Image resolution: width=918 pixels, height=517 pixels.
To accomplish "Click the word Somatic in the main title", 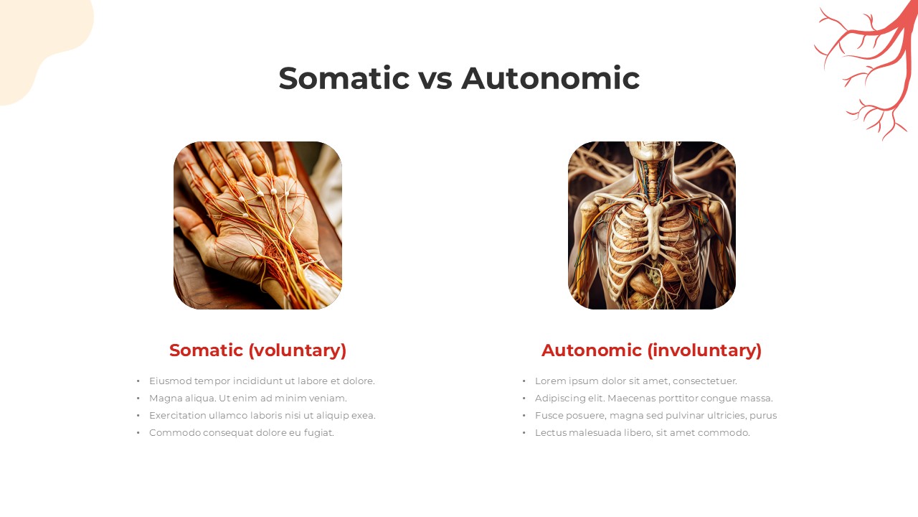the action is pos(344,78).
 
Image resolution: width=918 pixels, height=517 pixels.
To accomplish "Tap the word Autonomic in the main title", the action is pos(550,78).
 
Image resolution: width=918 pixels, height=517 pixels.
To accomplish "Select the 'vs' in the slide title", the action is pos(435,81).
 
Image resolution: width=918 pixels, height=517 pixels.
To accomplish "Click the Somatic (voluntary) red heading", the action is pos(257,350).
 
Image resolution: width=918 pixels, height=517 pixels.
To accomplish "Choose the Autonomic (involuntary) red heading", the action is pos(651,350).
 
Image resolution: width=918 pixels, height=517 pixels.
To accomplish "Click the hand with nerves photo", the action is pos(257,225).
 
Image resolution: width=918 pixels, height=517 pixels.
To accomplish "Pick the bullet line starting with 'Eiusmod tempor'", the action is pos(262,381).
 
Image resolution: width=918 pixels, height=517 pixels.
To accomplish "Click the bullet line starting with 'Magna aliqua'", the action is pos(248,399).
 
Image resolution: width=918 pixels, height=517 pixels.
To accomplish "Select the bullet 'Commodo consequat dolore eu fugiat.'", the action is pos(242,433).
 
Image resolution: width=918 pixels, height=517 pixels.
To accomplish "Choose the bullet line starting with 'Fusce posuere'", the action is pos(656,416).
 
